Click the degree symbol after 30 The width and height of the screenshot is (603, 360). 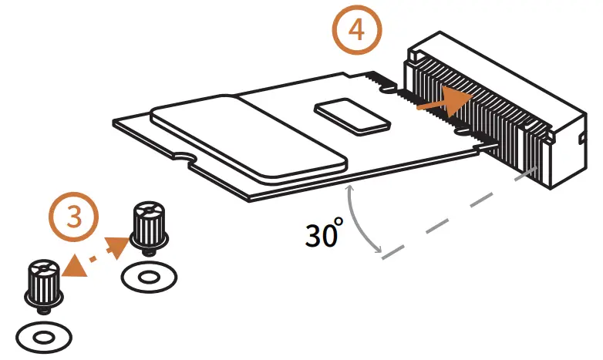pos(337,224)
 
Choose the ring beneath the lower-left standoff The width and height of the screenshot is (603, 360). pos(44,336)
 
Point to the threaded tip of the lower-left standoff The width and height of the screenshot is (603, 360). pos(45,309)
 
